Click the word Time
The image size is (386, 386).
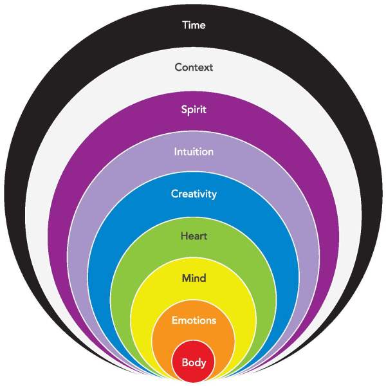pos(194,26)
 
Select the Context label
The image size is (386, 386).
pos(194,67)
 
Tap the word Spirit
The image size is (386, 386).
pos(194,109)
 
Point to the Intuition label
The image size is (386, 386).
pos(194,152)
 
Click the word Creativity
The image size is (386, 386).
pos(194,194)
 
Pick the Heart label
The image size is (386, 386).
pos(194,236)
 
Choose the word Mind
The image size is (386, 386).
pos(194,278)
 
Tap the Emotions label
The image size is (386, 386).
pos(194,320)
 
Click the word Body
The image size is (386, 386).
pos(194,363)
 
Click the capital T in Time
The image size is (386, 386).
pos(185,26)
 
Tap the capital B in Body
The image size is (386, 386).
pos(185,363)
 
